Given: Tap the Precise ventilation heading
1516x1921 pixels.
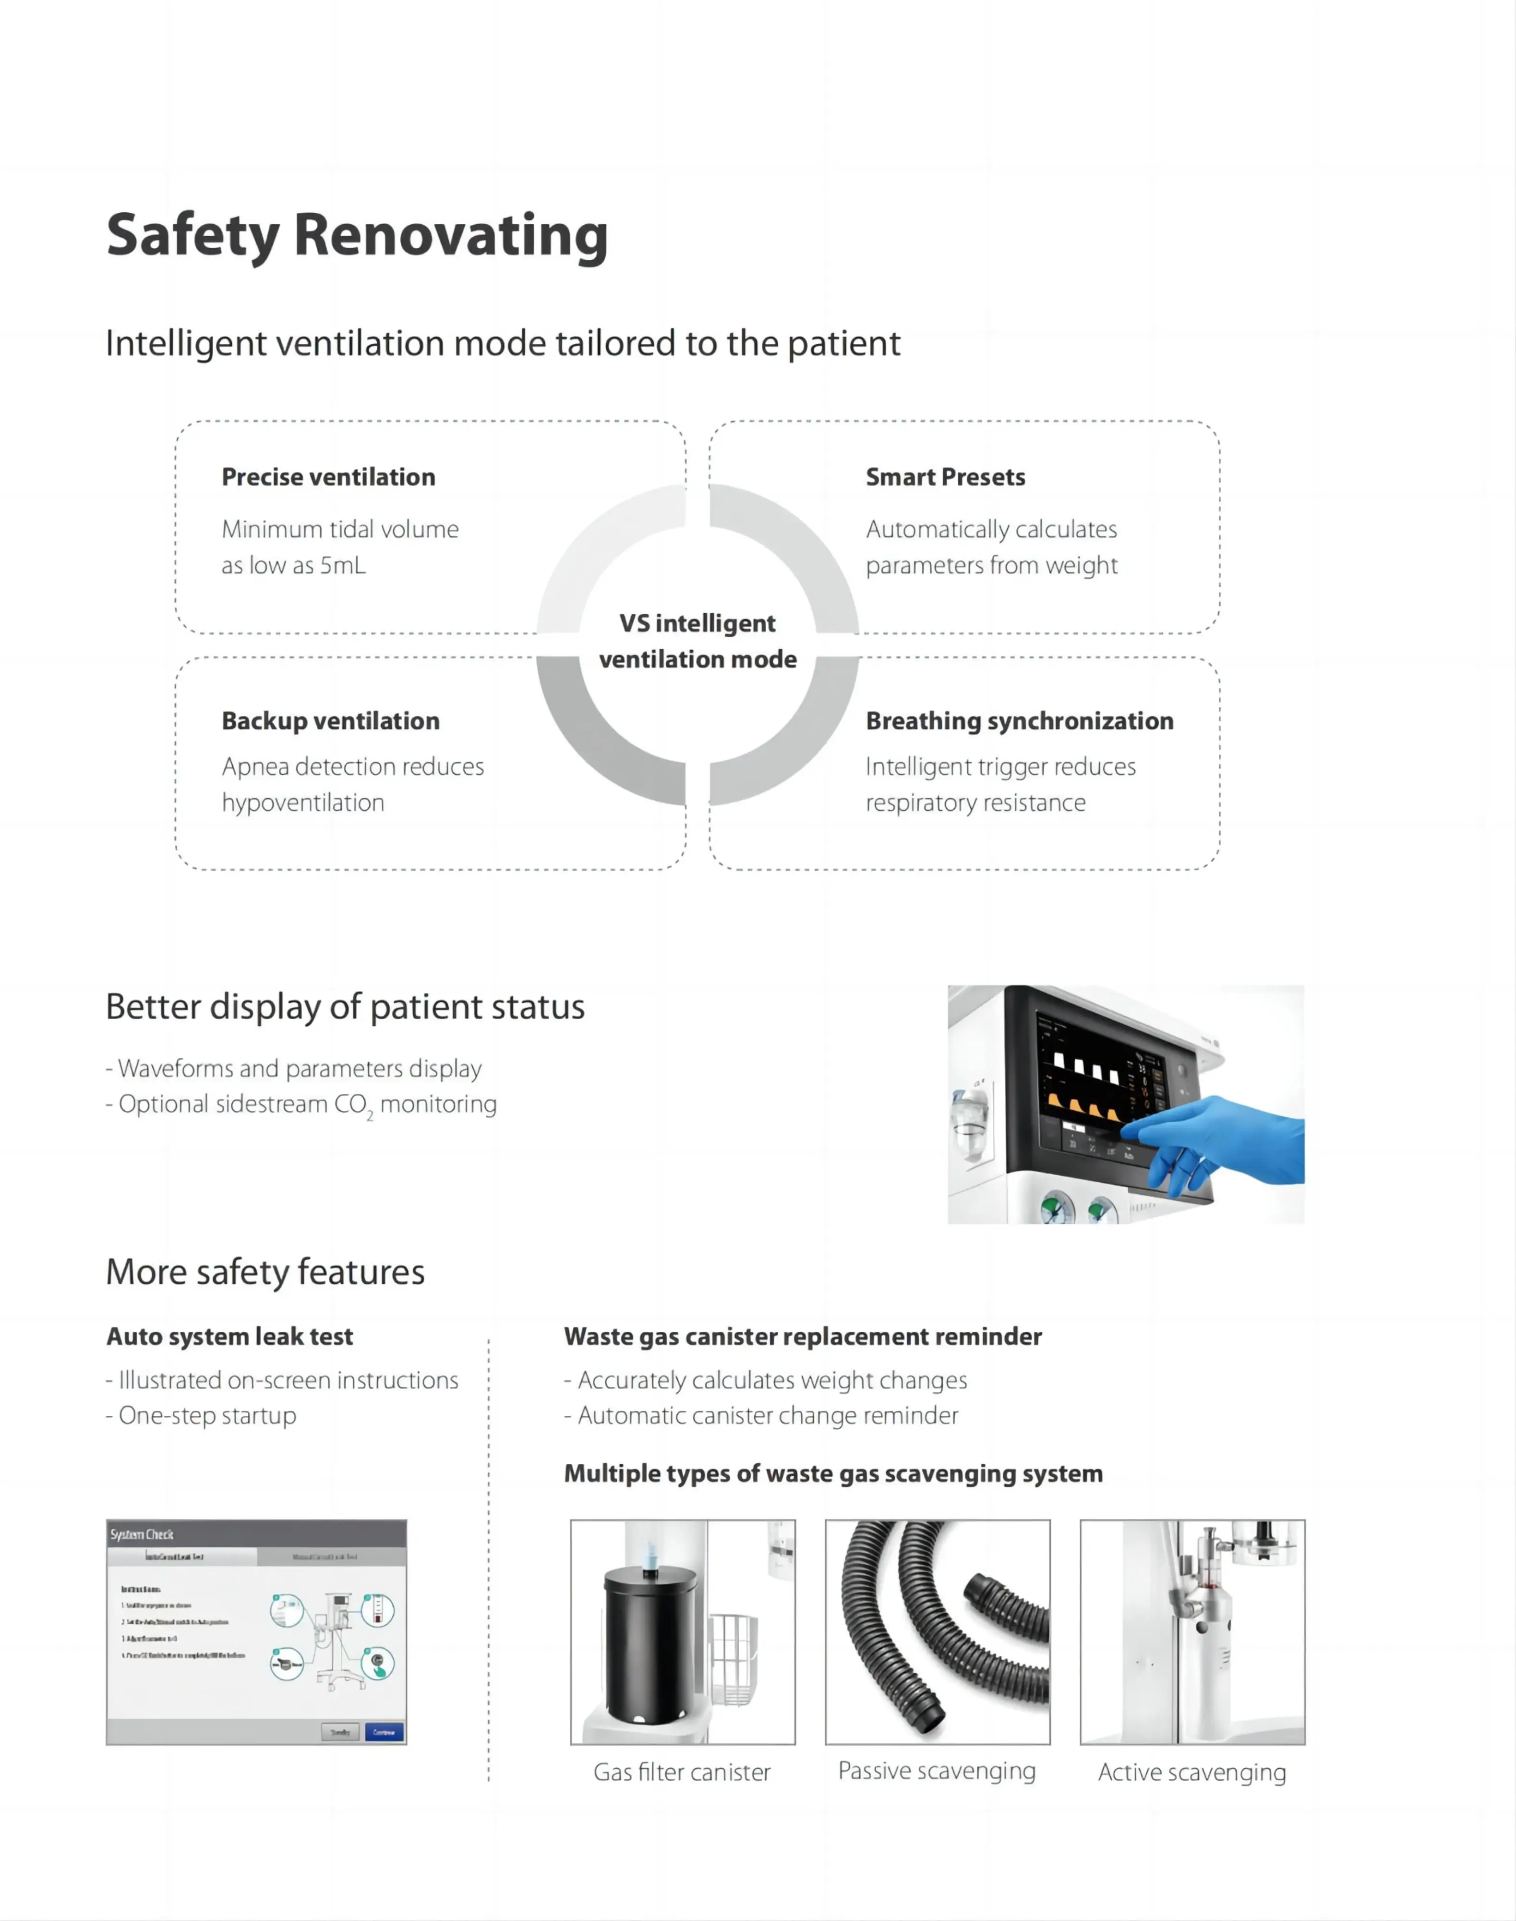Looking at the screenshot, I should click(x=328, y=477).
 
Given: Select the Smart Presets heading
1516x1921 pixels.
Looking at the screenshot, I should click(x=945, y=477).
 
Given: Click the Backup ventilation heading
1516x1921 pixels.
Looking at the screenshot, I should click(x=330, y=721).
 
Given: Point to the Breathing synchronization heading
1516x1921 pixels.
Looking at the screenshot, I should click(x=1019, y=721).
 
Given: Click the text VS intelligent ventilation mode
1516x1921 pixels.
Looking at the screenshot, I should click(x=698, y=641).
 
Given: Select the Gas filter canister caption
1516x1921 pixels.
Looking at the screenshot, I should click(x=682, y=1772).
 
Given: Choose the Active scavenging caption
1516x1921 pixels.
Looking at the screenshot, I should click(x=1191, y=1772).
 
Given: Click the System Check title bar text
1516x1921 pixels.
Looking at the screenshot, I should click(x=142, y=1534).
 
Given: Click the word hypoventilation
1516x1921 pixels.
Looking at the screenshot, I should click(x=302, y=802).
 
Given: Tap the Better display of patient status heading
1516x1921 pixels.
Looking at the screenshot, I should click(x=345, y=1007).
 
